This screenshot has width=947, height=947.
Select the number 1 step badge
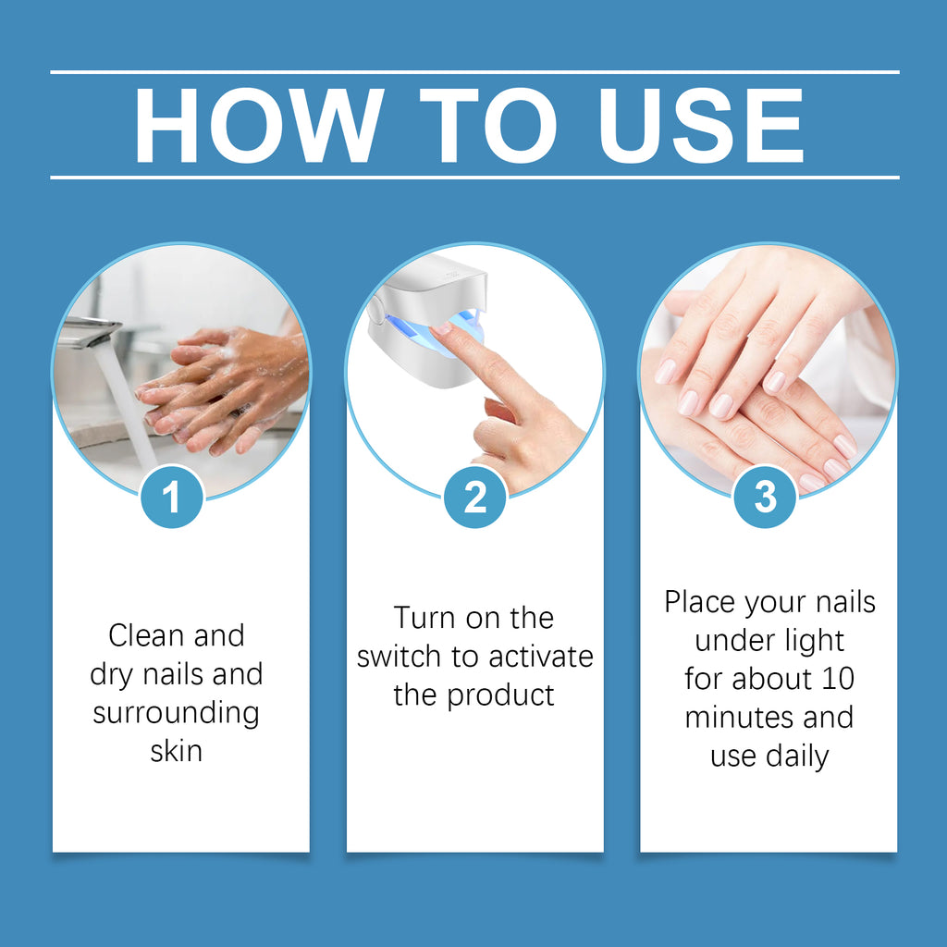171,498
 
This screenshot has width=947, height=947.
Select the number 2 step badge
474,498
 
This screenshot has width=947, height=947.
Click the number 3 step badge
765,498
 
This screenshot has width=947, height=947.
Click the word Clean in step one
144,635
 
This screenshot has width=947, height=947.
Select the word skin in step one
176,750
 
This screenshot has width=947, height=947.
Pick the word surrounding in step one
176,712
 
